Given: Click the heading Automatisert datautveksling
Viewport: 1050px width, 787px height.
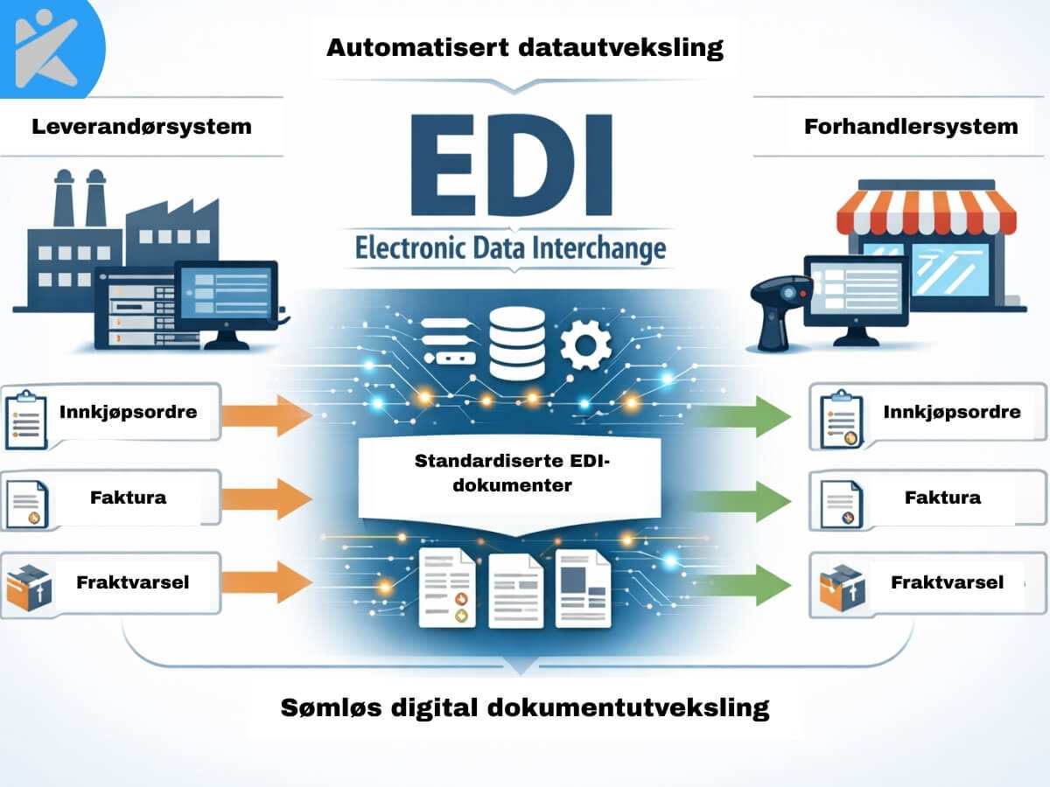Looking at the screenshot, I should (525, 47).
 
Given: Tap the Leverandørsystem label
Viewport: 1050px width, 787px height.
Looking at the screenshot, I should (142, 126).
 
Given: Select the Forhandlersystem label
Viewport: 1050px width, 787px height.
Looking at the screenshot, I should (911, 126).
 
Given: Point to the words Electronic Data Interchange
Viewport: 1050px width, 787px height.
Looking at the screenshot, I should (511, 247).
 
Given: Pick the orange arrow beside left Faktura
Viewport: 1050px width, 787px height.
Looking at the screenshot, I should (267, 498).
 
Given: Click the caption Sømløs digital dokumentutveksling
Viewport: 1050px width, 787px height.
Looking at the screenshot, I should (525, 707).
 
